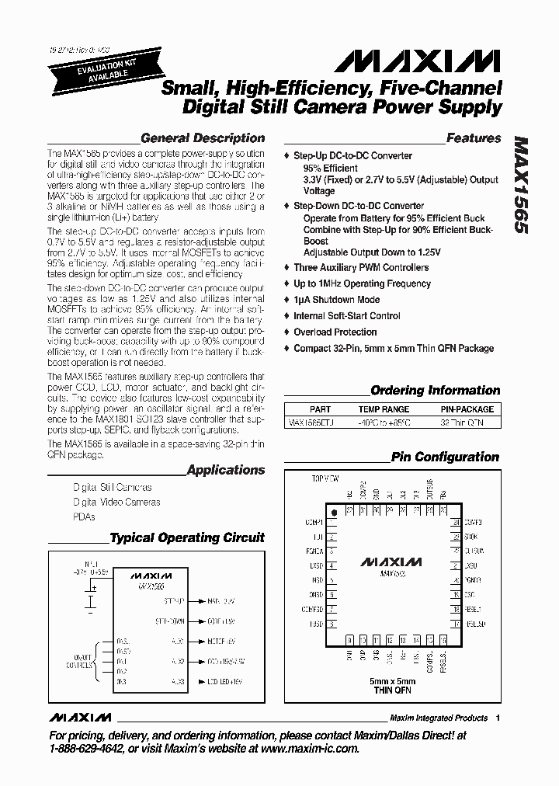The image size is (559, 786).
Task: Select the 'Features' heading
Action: click(474, 138)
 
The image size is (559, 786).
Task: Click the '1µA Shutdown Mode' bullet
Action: click(336, 300)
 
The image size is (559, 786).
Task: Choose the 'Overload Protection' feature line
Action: click(335, 332)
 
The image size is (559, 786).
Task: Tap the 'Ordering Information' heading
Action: click(435, 391)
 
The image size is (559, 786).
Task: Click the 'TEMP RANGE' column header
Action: click(384, 409)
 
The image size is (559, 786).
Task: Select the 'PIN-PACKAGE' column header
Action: click(467, 409)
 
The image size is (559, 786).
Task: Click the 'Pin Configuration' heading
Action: click(445, 457)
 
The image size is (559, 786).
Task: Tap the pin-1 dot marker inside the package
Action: click(335, 513)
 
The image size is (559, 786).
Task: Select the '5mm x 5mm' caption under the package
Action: click(392, 681)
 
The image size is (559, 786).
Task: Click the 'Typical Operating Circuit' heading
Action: click(186, 537)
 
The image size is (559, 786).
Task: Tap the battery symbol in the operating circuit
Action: click(92, 600)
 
